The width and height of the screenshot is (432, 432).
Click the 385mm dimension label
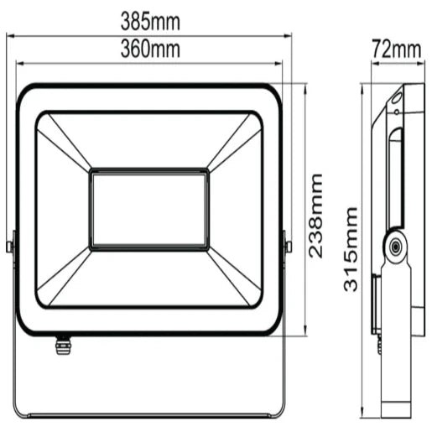151,18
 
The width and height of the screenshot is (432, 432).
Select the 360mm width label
151,49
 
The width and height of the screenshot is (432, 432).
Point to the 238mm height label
315,216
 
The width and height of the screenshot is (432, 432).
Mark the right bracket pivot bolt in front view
288,246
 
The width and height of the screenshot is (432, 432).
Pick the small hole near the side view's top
396,105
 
